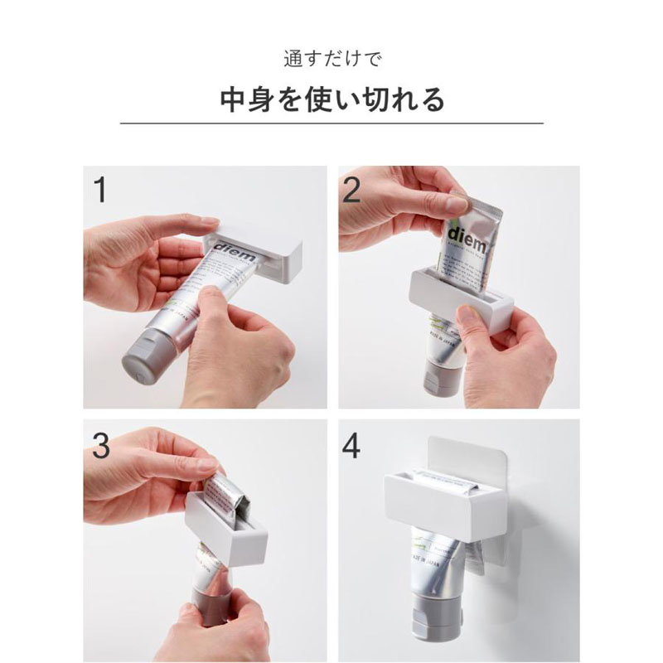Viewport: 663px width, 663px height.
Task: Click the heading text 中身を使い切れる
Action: coord(331,99)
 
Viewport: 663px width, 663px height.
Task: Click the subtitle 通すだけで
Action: coord(331,60)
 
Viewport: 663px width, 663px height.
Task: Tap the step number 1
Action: coord(101,190)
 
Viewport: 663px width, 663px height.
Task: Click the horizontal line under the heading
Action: coord(331,123)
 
